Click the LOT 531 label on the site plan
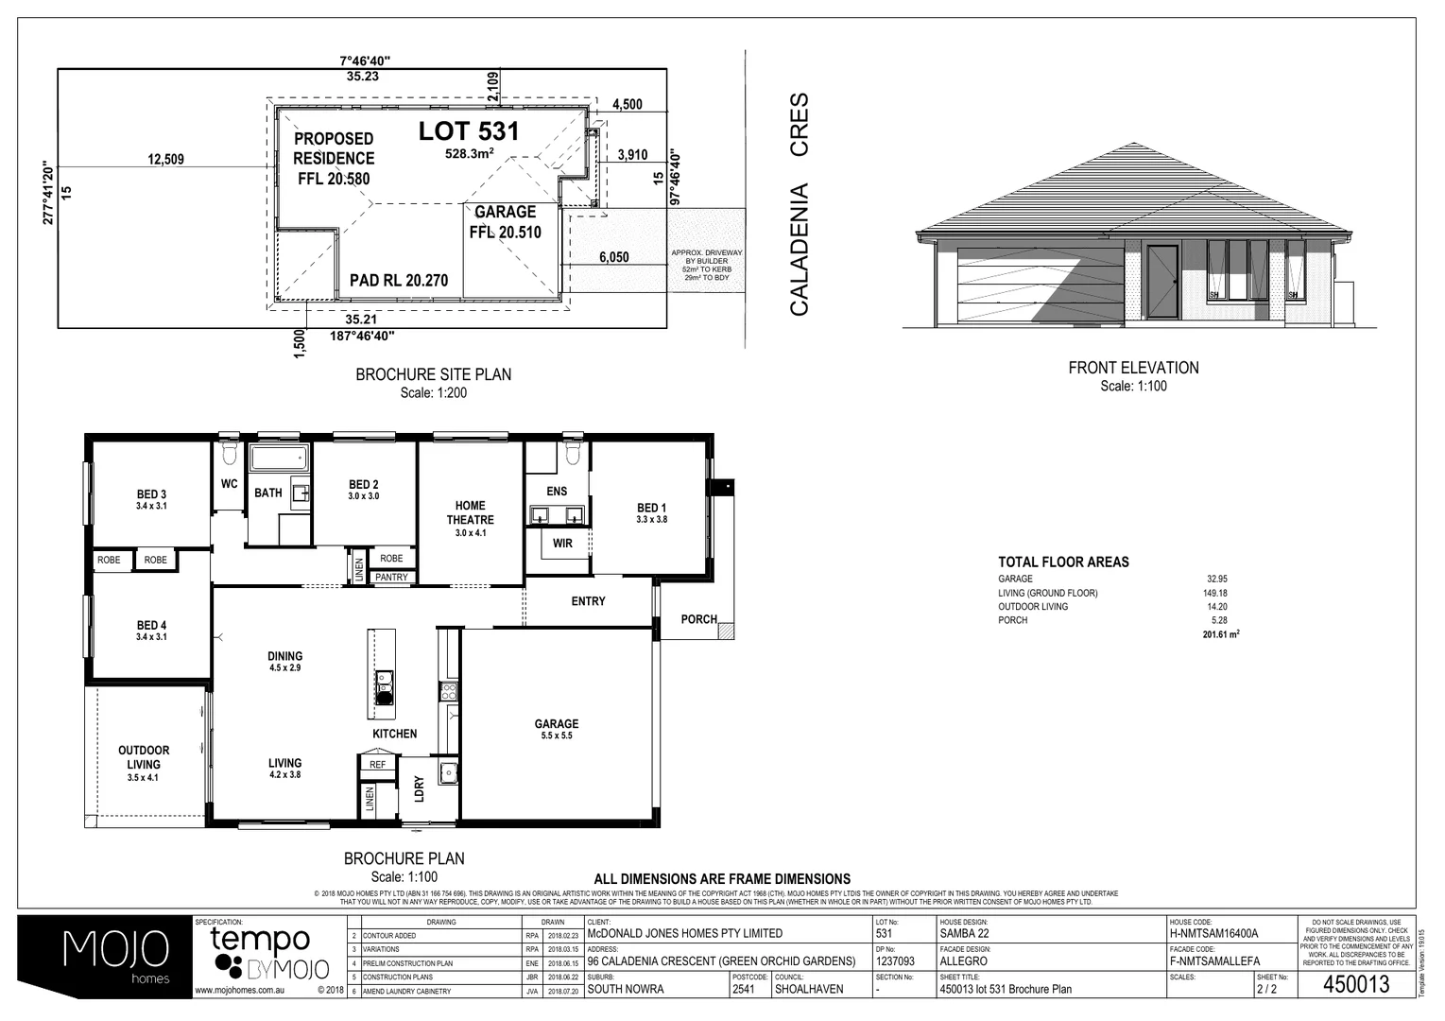click(469, 131)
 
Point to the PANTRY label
click(391, 577)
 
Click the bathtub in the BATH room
click(279, 460)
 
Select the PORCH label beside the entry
click(698, 619)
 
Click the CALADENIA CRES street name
click(800, 203)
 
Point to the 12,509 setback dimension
click(166, 159)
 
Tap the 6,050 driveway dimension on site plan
click(613, 257)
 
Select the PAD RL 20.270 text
click(398, 280)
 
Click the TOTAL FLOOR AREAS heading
click(1063, 562)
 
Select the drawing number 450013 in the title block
click(1356, 984)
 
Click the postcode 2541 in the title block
click(744, 990)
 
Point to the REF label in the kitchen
click(377, 764)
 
